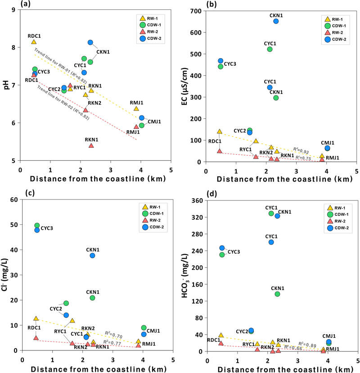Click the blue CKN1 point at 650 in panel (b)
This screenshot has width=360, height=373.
276,21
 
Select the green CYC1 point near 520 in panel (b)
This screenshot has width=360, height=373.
270,49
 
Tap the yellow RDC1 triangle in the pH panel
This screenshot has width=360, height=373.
34,42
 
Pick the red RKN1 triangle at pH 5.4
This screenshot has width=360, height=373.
91,146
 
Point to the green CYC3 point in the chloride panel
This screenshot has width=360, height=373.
37,225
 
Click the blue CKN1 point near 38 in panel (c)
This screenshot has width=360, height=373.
92,255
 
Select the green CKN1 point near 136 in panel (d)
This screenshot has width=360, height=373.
278,294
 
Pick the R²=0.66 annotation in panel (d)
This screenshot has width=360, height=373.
296,348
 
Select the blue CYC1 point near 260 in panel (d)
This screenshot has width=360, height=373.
271,242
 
